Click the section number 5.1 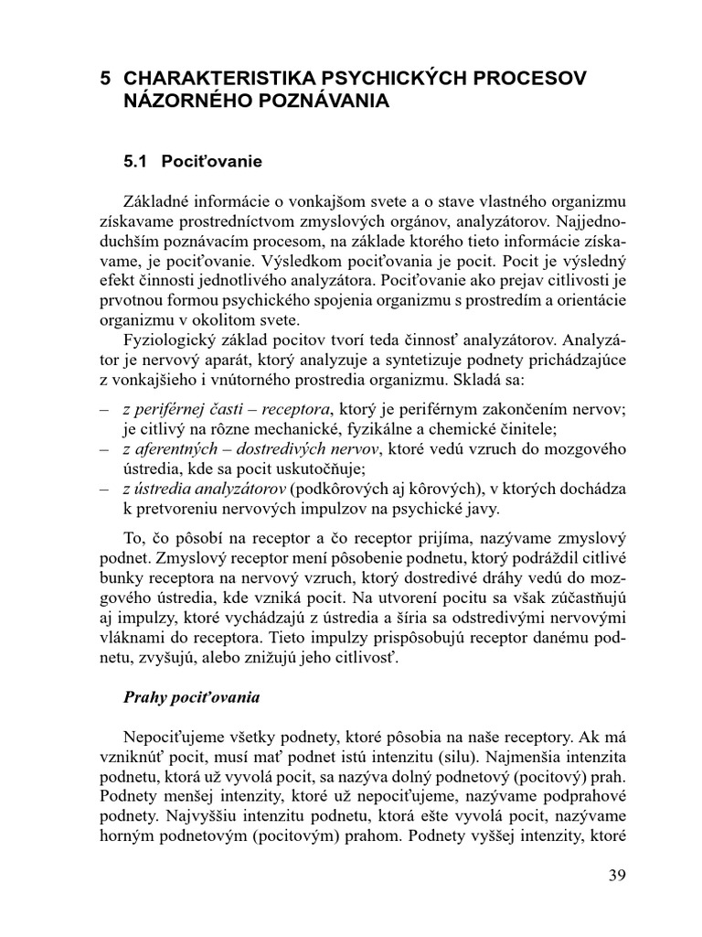click(x=136, y=162)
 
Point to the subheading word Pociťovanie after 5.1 click(x=212, y=162)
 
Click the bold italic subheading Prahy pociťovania click(x=192, y=697)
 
